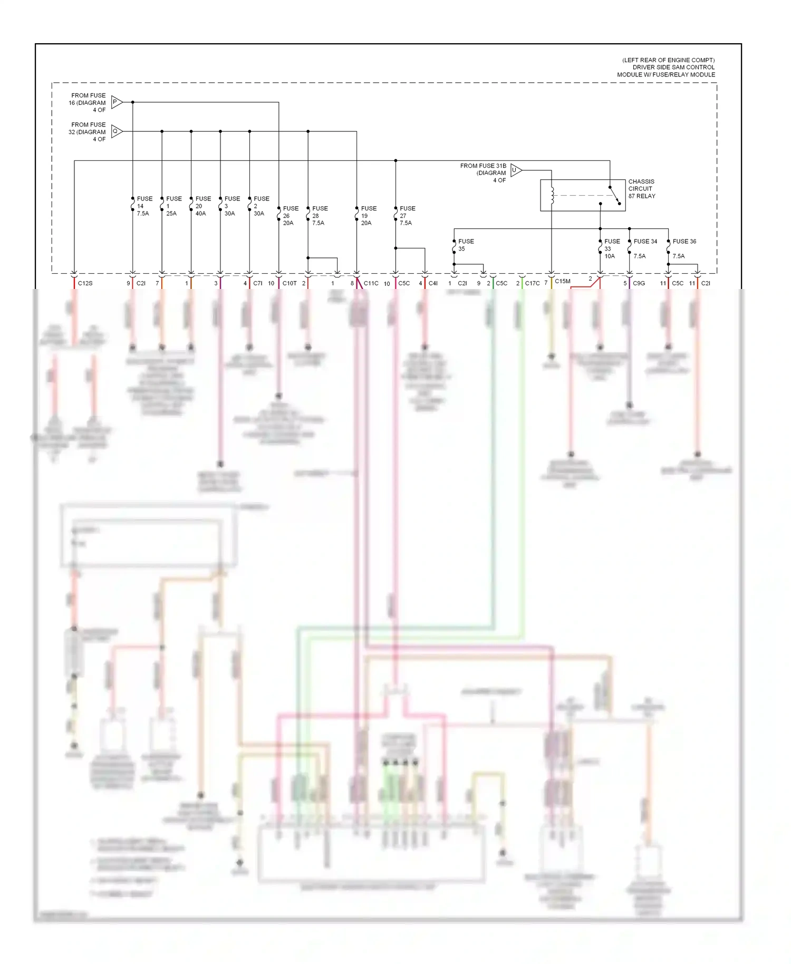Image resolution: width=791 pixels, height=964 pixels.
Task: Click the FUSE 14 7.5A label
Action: coord(144,206)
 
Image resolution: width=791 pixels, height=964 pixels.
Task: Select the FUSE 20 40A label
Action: coord(202,206)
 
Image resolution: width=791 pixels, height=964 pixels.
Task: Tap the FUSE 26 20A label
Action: coord(290,216)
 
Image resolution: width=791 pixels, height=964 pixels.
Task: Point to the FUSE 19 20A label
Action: coord(368,216)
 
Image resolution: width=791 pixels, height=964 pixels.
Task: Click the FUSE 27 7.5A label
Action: coord(407,216)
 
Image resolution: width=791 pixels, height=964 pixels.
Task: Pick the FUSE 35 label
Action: coord(465,245)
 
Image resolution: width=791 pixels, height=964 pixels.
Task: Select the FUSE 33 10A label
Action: coord(611,248)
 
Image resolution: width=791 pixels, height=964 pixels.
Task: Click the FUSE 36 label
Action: coord(684,242)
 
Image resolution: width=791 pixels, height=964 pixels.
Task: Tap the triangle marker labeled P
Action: coord(117,102)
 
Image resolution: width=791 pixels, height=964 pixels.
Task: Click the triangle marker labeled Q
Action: coord(117,131)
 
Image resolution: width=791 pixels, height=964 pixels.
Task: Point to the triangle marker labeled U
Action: coord(516,170)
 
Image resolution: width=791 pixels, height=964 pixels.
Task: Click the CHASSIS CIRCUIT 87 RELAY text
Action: coord(641,189)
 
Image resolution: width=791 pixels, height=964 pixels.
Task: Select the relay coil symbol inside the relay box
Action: coord(552,195)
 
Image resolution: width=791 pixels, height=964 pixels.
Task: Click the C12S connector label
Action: coord(85,284)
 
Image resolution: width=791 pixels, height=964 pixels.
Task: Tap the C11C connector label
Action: coord(371,284)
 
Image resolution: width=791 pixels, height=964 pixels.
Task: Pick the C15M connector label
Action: coord(562,282)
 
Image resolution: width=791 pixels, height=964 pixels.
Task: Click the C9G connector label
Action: coord(639,284)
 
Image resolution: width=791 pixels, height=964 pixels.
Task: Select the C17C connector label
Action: coord(532,284)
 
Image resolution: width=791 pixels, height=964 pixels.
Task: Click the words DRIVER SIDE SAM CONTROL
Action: coord(673,68)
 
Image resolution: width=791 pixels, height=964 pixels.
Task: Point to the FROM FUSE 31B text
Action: coord(483,166)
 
